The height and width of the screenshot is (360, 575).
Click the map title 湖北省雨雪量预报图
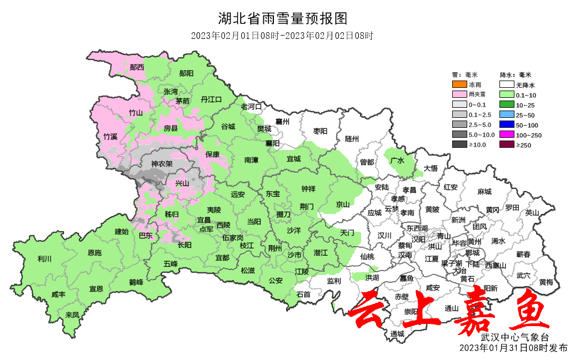click(x=287, y=19)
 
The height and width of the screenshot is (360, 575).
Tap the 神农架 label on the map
click(x=162, y=164)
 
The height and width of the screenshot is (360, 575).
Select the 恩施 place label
click(x=94, y=253)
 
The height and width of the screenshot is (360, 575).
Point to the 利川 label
click(x=44, y=258)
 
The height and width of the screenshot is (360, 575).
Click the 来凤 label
click(x=72, y=314)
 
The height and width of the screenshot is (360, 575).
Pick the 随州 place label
click(x=352, y=138)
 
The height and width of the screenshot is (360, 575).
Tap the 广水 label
click(x=397, y=161)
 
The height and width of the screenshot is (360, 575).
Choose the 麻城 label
click(x=484, y=192)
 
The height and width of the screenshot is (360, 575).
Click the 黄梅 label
click(x=546, y=282)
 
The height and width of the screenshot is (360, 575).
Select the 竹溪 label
click(x=111, y=136)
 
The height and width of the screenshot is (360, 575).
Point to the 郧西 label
click(x=137, y=67)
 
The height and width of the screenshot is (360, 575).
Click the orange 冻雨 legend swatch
click(x=459, y=85)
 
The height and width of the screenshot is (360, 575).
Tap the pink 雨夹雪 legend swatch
click(x=459, y=95)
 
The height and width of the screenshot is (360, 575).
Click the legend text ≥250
click(x=525, y=145)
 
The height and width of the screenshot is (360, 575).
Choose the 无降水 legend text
click(x=525, y=85)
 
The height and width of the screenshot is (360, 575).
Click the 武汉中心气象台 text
click(x=515, y=337)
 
